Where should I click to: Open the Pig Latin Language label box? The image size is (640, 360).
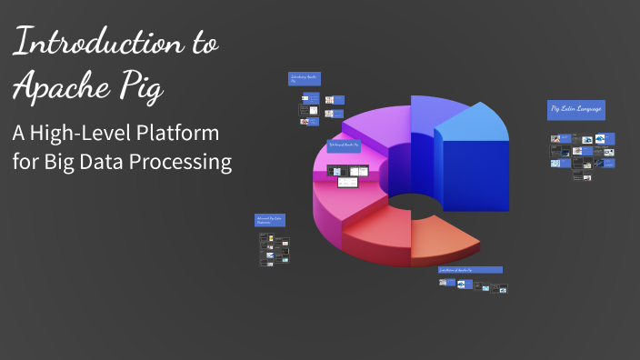576,110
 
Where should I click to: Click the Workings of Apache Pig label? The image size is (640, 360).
345,145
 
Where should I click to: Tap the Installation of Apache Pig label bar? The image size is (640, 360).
470,270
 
